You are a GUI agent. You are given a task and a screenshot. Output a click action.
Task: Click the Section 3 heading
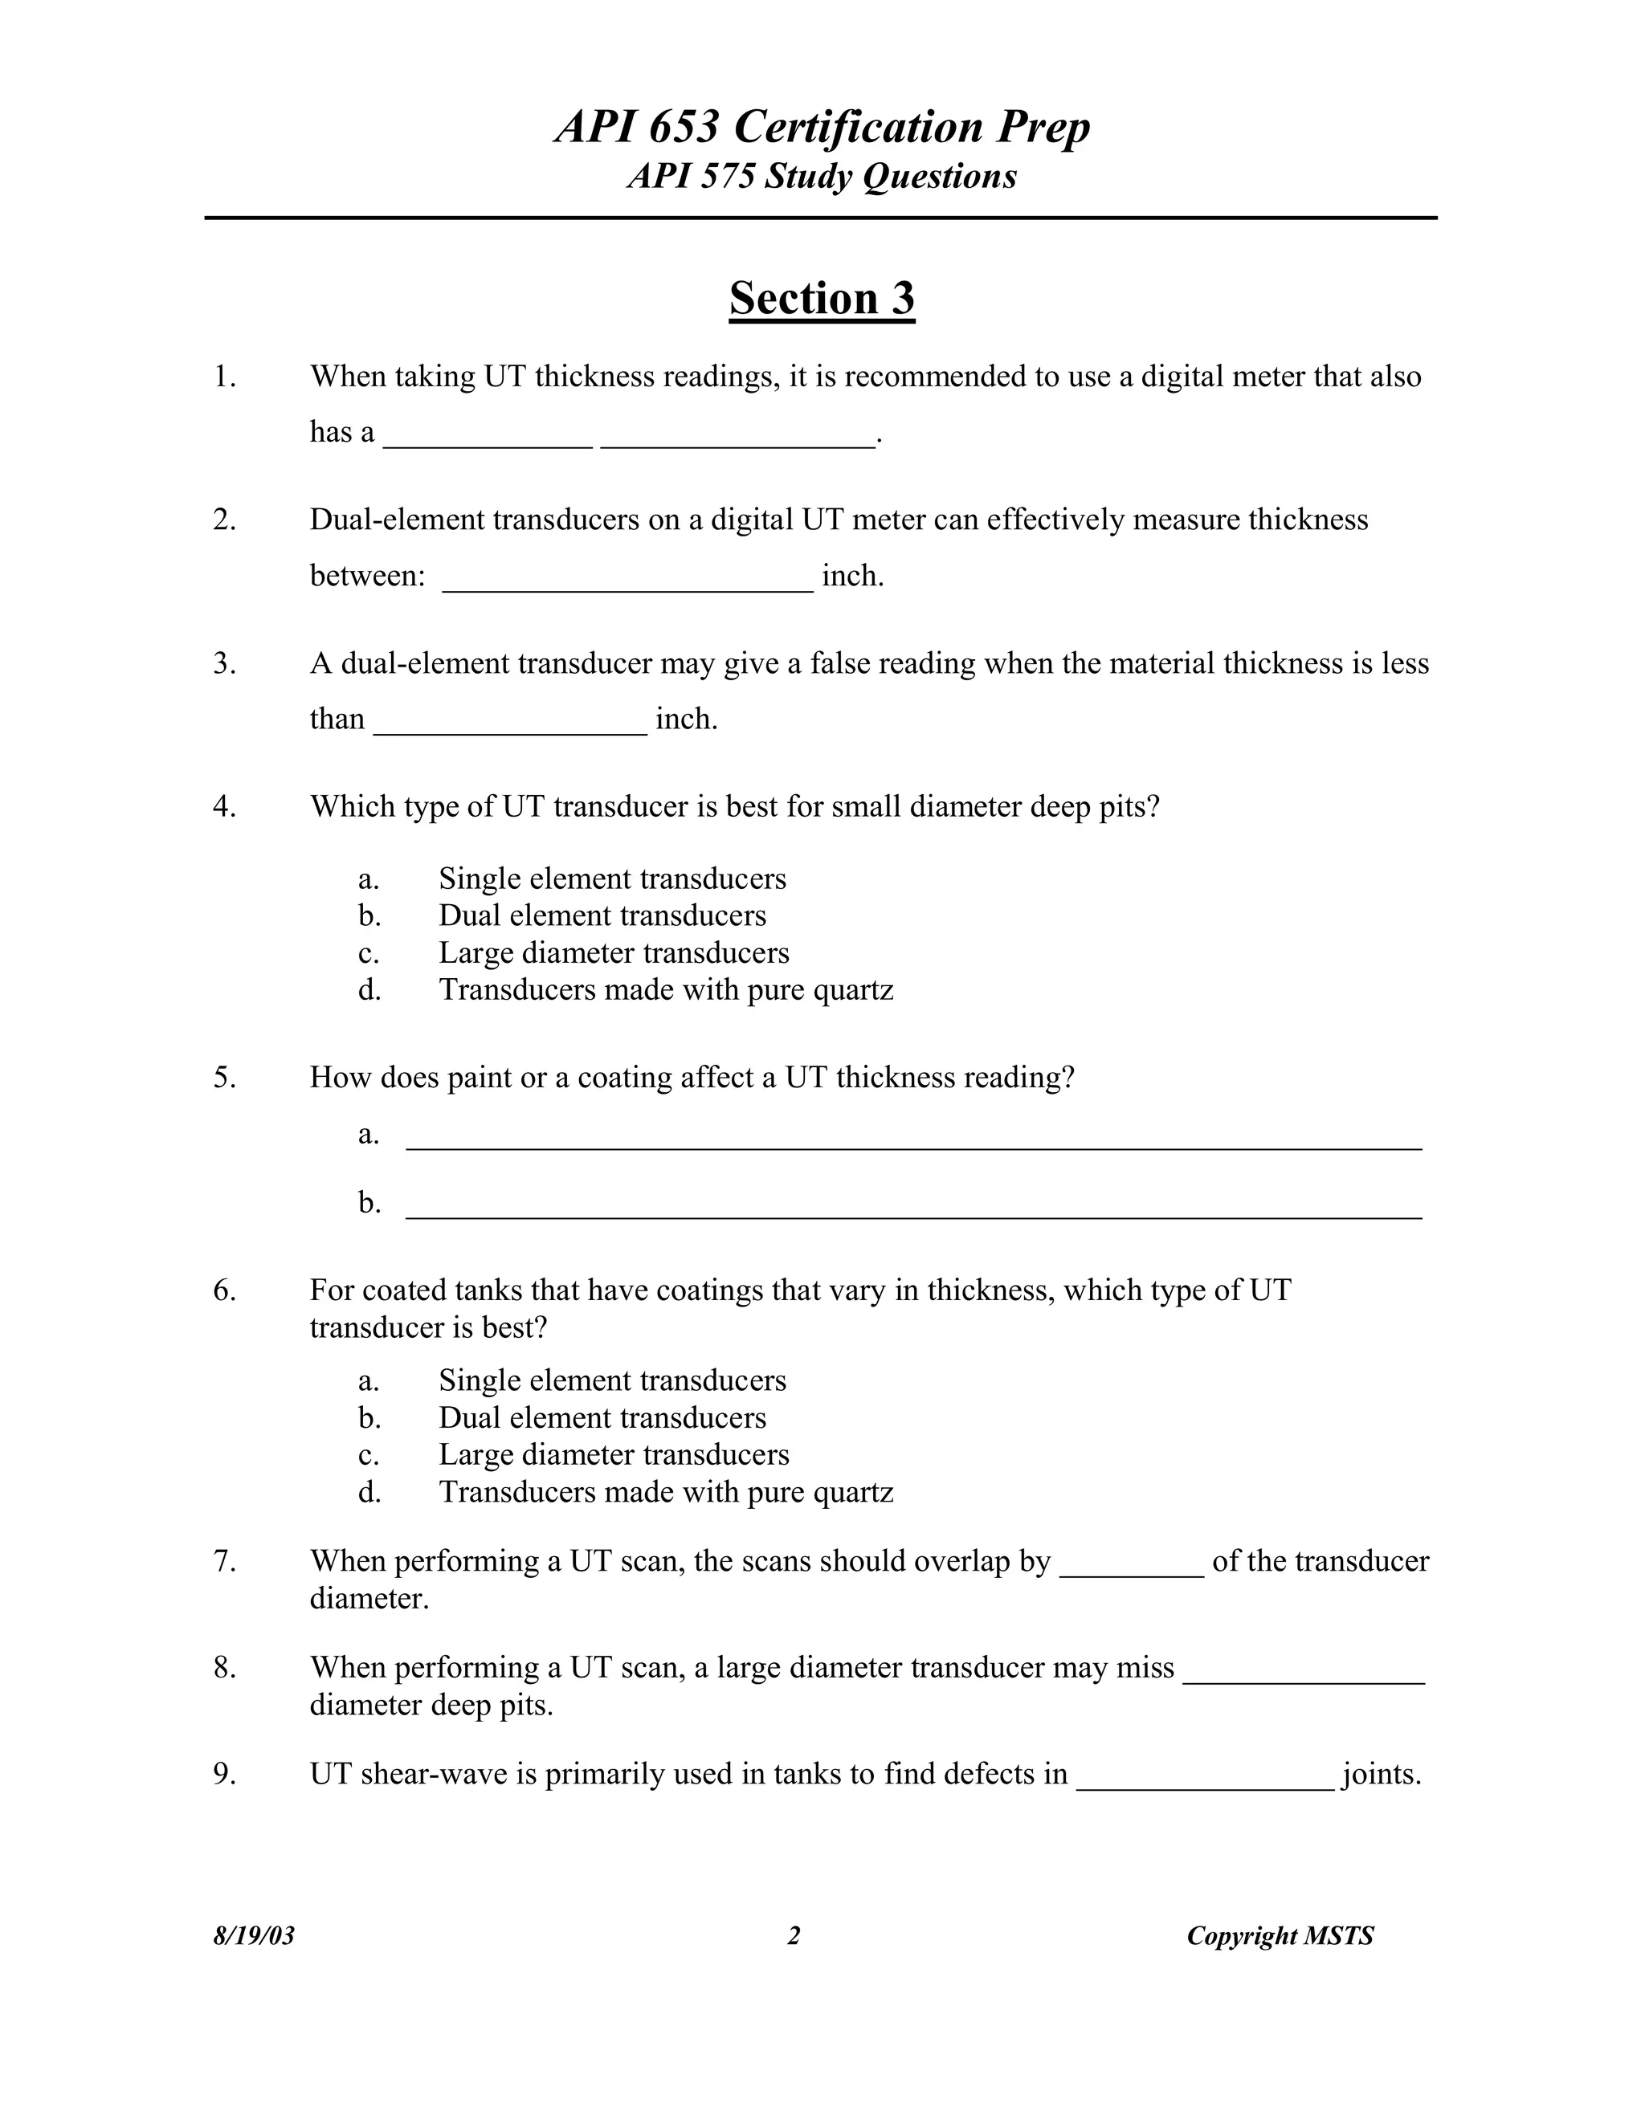click(x=822, y=298)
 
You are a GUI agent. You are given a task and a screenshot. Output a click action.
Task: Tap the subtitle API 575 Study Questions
click(x=822, y=177)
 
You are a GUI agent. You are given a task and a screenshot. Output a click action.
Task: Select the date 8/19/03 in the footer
click(x=253, y=1935)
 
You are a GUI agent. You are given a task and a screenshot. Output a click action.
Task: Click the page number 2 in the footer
click(x=794, y=1935)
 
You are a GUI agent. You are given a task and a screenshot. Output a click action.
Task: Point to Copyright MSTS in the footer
click(x=1280, y=1935)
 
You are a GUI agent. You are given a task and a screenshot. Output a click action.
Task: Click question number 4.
click(x=224, y=807)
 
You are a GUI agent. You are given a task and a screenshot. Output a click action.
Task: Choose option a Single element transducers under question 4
click(x=612, y=879)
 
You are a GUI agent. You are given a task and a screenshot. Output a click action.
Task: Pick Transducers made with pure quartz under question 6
click(x=666, y=1492)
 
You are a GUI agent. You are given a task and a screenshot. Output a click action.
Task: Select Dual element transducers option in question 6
click(x=602, y=1417)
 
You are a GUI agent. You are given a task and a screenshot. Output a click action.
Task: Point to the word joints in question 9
click(x=1381, y=1775)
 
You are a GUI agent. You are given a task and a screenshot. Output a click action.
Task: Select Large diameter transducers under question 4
click(x=614, y=953)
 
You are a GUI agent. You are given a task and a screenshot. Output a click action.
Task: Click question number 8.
click(x=224, y=1668)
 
